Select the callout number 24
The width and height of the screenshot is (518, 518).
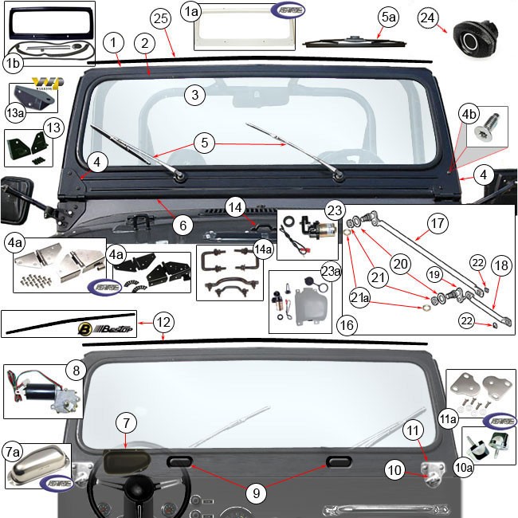point(428,18)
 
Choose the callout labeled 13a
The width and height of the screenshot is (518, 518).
point(15,113)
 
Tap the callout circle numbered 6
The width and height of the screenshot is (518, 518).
point(182,226)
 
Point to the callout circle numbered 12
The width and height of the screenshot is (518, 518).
point(162,323)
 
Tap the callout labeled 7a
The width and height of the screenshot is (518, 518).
point(13,452)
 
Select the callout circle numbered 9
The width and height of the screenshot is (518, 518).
point(256,493)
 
